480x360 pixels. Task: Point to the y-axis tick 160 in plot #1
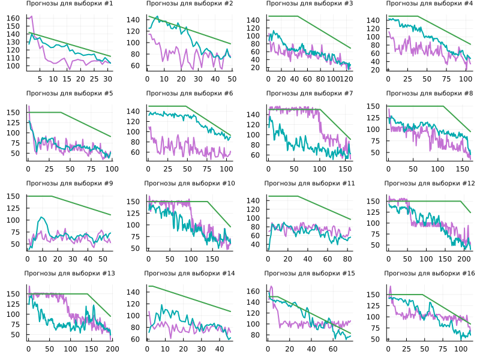click(x=13, y=18)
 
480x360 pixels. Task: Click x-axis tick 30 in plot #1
click(x=107, y=79)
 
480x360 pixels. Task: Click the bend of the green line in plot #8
click(x=444, y=106)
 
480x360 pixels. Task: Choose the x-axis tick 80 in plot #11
click(x=346, y=259)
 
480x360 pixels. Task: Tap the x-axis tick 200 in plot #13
click(x=112, y=349)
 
